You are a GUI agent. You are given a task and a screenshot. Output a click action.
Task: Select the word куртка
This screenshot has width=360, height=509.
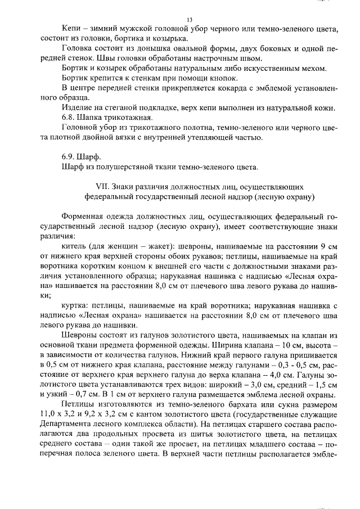(x=75, y=305)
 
